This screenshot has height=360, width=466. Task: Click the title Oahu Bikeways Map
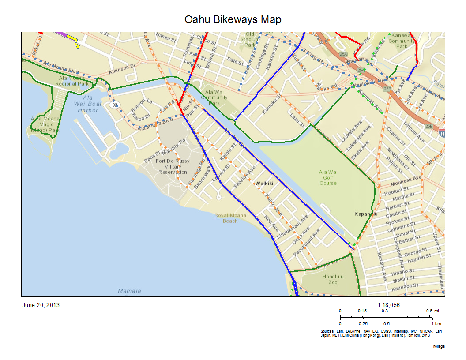(233, 20)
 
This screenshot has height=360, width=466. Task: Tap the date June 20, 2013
(41, 305)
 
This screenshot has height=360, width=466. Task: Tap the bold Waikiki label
(264, 183)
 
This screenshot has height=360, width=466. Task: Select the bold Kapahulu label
(366, 214)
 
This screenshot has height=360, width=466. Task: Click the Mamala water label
(129, 291)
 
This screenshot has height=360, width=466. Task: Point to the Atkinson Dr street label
(123, 69)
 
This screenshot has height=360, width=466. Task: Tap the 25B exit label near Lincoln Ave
(428, 127)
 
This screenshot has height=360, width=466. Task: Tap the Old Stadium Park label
(250, 39)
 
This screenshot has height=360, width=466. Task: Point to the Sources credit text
(381, 333)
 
